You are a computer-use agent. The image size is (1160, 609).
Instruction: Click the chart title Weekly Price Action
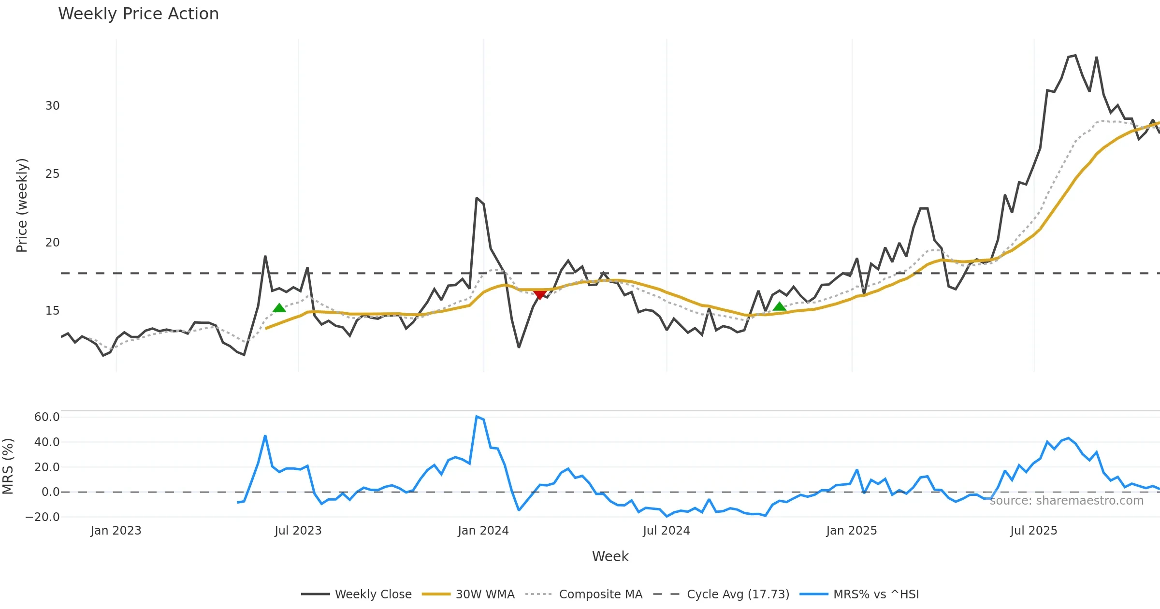click(x=138, y=14)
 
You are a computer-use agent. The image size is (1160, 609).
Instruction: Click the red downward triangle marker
click(x=540, y=294)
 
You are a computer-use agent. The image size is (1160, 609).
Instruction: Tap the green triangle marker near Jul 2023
click(x=279, y=308)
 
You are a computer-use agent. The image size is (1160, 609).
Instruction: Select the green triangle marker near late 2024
click(x=779, y=306)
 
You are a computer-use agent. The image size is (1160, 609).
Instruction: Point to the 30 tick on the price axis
click(x=52, y=106)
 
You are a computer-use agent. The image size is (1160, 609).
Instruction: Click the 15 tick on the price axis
click(x=52, y=311)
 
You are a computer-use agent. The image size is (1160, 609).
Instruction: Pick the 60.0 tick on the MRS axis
click(x=47, y=417)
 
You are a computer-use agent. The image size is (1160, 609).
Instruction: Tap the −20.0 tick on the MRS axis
click(x=43, y=517)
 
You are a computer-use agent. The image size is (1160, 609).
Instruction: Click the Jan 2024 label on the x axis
click(x=483, y=531)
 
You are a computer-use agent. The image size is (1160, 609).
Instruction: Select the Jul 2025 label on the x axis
click(x=1033, y=531)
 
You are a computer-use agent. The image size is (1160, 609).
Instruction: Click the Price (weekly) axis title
click(x=22, y=205)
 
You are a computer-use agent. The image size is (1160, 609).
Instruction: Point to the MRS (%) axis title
click(x=8, y=466)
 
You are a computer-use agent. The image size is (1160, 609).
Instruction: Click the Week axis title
click(x=610, y=557)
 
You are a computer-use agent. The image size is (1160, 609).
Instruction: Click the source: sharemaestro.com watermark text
click(x=1066, y=501)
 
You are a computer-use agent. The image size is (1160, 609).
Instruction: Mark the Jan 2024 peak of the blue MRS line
click(x=477, y=417)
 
